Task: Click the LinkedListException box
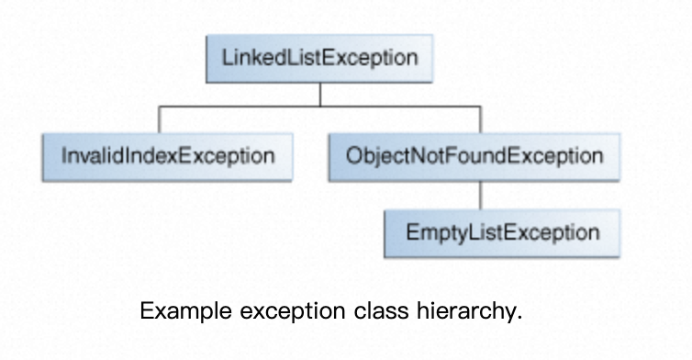tap(319, 58)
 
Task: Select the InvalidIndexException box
tap(168, 157)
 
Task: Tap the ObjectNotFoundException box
tap(474, 157)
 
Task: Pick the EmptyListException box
tap(502, 233)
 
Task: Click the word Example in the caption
tap(185, 311)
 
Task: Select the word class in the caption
tap(381, 310)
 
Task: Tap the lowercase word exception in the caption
tap(293, 312)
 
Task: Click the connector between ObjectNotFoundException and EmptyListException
tap(481, 196)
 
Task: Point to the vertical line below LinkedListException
tap(320, 95)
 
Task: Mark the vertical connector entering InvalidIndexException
tap(160, 119)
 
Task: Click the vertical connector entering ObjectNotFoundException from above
tap(481, 119)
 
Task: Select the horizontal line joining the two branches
tap(320, 107)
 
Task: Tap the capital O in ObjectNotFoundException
tap(353, 156)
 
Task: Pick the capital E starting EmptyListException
tap(412, 232)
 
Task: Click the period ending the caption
tap(519, 318)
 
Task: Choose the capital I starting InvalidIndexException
tap(64, 156)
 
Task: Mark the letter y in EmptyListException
tap(461, 235)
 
